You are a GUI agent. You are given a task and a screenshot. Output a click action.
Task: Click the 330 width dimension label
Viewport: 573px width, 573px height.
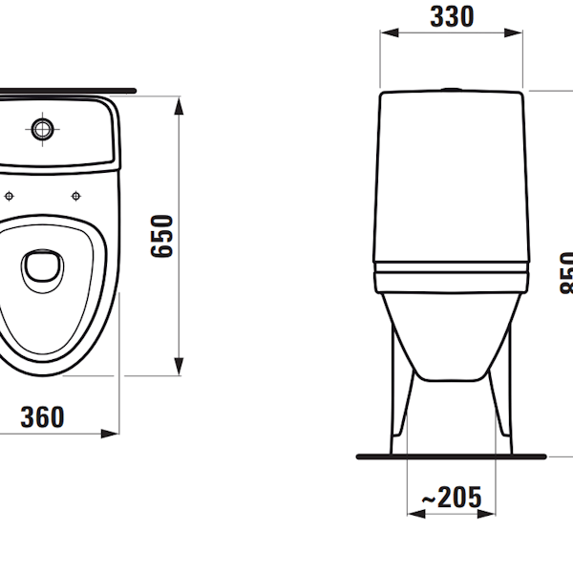click(451, 16)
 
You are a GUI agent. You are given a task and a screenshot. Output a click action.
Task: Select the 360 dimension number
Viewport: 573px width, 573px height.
click(43, 416)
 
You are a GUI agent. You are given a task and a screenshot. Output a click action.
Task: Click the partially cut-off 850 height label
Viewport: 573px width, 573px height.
click(565, 273)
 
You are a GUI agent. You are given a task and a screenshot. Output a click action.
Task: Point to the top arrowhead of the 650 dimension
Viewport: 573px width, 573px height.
click(180, 104)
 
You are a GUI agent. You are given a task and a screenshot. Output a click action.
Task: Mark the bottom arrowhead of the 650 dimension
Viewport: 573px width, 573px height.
click(180, 367)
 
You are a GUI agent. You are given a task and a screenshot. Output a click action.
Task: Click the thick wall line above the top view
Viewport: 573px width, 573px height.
click(67, 91)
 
